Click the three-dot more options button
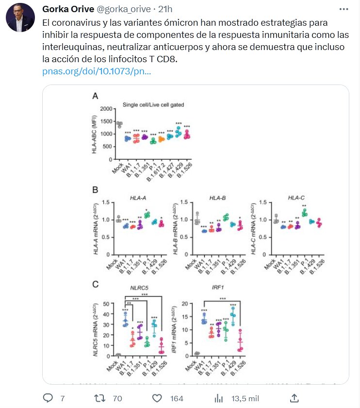(x=344, y=9)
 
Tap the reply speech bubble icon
(x=48, y=398)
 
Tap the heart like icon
(x=157, y=398)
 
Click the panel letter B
(x=95, y=190)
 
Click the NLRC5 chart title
(x=139, y=288)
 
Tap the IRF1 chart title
(x=218, y=288)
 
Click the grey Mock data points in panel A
(x=119, y=125)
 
